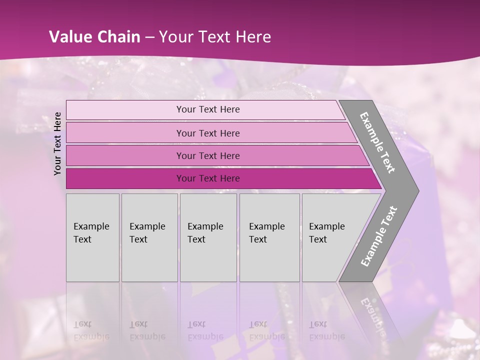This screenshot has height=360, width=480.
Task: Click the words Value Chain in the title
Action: (x=94, y=37)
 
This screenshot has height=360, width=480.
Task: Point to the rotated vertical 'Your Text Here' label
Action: (x=57, y=143)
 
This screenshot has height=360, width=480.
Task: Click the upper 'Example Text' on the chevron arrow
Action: (x=377, y=142)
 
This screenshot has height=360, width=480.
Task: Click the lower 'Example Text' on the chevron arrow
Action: (x=378, y=236)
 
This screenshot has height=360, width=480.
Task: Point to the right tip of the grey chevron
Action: (x=417, y=190)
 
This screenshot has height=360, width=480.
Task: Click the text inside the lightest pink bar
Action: (x=208, y=109)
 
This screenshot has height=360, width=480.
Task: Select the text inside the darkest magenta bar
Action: (x=208, y=178)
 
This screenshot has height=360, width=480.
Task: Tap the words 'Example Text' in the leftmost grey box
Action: (x=91, y=232)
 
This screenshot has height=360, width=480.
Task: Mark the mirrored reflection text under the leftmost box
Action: (x=91, y=330)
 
